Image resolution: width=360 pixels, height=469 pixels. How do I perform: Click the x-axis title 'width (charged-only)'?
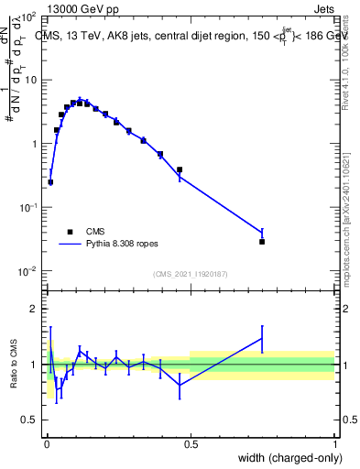(284, 458)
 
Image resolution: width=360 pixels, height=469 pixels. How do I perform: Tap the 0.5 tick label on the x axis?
(191, 442)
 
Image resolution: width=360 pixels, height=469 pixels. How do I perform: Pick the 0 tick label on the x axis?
(46, 442)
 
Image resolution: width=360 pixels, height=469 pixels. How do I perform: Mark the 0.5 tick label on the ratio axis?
(29, 420)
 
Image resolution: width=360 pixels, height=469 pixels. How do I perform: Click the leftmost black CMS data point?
(50, 182)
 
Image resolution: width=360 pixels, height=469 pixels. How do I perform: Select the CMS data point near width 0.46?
(180, 169)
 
